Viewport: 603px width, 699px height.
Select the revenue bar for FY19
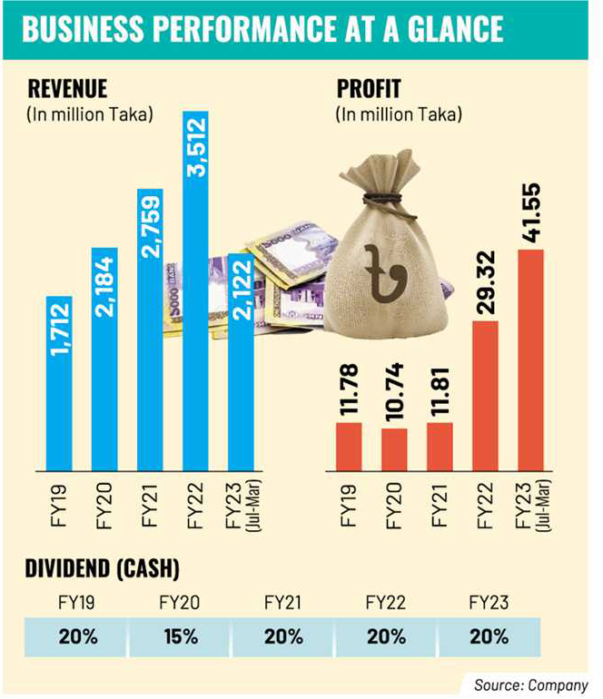click(60, 381)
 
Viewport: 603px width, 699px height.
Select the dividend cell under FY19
click(80, 635)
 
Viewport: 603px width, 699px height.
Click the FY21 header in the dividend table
click(284, 602)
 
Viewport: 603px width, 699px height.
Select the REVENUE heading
click(69, 89)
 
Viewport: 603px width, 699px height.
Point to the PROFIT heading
click(368, 89)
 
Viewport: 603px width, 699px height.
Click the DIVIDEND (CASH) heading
click(100, 569)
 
